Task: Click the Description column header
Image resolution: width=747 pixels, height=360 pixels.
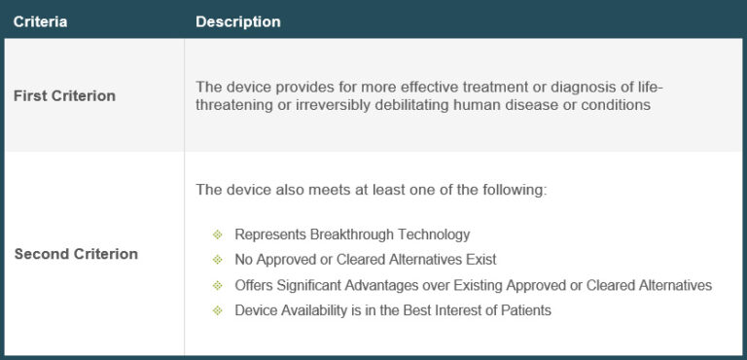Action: click(238, 21)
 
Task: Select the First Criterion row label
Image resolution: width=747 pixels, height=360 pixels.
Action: click(64, 95)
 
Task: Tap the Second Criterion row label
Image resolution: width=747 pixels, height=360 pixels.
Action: click(76, 254)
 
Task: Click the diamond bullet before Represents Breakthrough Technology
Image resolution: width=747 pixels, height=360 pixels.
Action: click(217, 234)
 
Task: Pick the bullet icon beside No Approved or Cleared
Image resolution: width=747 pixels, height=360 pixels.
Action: click(217, 260)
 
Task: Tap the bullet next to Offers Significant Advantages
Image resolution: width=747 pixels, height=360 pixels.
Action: click(217, 285)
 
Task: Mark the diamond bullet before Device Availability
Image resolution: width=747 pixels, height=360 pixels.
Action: click(217, 310)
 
